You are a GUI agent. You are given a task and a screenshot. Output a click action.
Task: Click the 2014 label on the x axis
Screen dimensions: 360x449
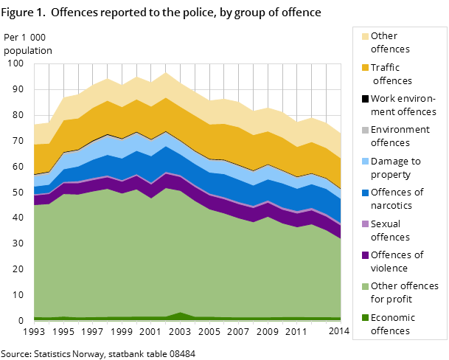338,332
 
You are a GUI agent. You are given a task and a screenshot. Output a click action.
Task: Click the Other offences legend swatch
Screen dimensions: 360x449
365,36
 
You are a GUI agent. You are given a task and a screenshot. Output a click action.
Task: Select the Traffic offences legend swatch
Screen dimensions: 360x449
365,68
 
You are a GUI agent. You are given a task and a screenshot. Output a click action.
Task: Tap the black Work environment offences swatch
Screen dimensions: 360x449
365,99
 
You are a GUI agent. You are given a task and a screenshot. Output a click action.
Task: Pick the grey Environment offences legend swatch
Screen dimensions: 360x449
365,130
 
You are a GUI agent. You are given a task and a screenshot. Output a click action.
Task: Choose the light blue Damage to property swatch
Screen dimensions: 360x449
365,162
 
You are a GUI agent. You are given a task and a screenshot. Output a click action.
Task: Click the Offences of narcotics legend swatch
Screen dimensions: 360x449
365,193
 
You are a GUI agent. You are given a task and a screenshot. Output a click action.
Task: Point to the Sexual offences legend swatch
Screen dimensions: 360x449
365,224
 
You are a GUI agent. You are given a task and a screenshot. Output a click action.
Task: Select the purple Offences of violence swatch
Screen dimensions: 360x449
365,255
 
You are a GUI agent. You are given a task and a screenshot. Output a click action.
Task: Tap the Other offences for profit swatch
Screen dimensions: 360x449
365,286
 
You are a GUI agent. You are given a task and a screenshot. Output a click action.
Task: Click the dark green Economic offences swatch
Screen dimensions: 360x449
365,318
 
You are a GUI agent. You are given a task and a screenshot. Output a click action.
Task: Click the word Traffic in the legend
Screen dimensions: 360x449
386,68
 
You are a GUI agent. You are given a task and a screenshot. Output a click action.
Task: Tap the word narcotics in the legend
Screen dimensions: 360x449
393,206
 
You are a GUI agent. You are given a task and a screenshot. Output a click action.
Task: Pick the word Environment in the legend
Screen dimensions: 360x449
400,130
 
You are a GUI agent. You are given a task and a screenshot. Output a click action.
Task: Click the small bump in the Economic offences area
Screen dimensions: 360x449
181,315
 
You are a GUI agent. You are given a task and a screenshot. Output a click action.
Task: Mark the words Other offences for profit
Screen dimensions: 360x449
404,292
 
